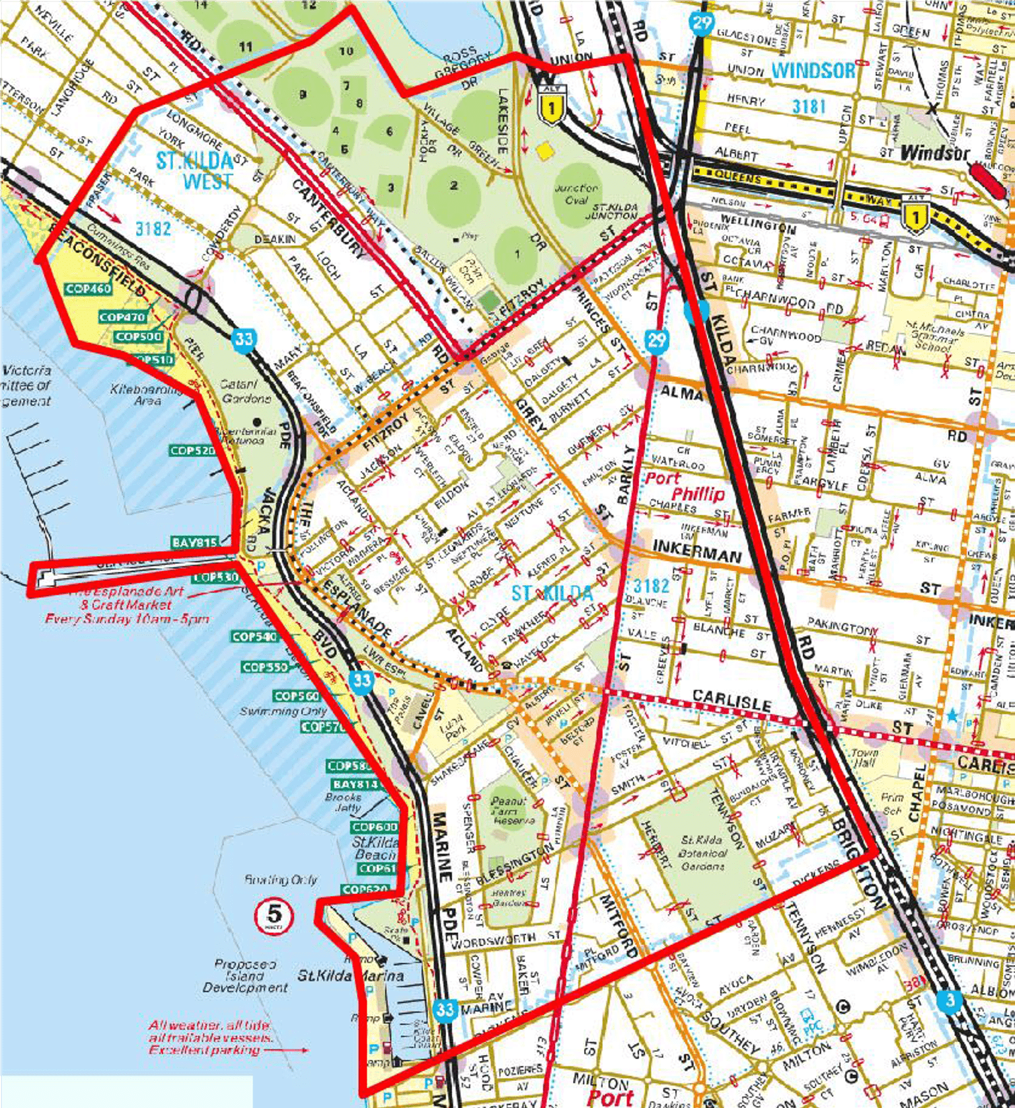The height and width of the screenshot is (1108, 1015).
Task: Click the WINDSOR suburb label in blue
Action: tap(813, 70)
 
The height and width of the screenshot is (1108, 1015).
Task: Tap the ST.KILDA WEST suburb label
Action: tap(195, 170)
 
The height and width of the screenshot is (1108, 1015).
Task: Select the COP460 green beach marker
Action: tap(89, 289)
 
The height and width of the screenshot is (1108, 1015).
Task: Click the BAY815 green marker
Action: tap(194, 542)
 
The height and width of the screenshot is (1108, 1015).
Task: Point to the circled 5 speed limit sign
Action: tap(274, 916)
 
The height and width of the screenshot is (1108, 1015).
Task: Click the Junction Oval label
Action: tap(576, 194)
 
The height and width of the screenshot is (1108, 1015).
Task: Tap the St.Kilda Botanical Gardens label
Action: tap(702, 852)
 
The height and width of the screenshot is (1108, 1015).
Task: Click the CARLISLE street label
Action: tap(732, 700)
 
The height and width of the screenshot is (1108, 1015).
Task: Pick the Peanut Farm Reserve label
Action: tap(510, 810)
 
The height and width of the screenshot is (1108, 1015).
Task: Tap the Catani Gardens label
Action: tap(246, 391)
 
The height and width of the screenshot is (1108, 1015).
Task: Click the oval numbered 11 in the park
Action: tap(246, 46)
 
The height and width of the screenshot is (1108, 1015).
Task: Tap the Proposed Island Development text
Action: tap(244, 976)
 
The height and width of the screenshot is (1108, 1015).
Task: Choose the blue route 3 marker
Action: tap(950, 1000)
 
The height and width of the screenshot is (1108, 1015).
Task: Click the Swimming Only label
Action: tap(279, 712)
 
